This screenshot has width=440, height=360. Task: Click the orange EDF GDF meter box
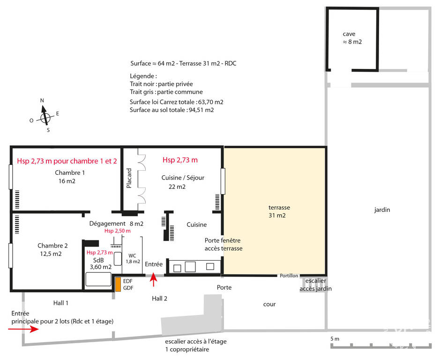[118, 284]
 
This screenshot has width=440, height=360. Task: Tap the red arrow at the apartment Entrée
[153, 279]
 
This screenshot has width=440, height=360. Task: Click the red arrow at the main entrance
[23, 329]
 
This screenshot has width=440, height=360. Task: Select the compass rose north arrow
[45, 115]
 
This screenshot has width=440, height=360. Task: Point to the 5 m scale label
[335, 338]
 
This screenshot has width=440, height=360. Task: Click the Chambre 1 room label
[70, 172]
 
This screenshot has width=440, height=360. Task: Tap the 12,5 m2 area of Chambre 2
[51, 254]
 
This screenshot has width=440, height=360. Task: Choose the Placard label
[129, 178]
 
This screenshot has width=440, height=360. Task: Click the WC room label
[132, 255]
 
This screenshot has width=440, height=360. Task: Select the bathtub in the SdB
[98, 279]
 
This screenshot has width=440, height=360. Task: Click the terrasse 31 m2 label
[279, 211]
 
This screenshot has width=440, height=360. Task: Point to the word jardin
[382, 210]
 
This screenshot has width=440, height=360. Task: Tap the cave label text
[349, 34]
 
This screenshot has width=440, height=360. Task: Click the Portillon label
[289, 276]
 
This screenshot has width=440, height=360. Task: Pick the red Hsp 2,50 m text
[117, 231]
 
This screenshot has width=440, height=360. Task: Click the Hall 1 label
[60, 303]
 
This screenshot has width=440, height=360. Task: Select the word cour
[269, 304]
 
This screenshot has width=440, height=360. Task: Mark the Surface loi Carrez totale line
[177, 102]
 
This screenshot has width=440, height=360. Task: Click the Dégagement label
[107, 224]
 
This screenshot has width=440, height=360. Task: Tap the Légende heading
[143, 76]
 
